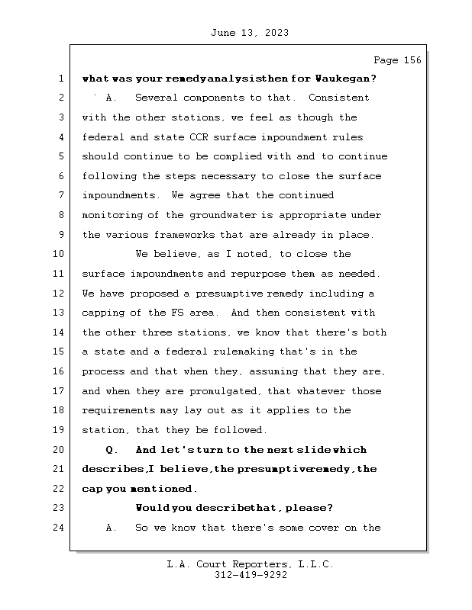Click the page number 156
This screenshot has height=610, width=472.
(x=410, y=60)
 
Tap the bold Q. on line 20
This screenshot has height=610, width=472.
(x=112, y=450)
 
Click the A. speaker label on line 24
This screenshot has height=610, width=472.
(x=112, y=528)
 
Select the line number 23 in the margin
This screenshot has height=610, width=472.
(x=59, y=508)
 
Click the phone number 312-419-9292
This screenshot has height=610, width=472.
(x=251, y=576)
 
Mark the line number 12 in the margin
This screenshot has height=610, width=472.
(x=59, y=294)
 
